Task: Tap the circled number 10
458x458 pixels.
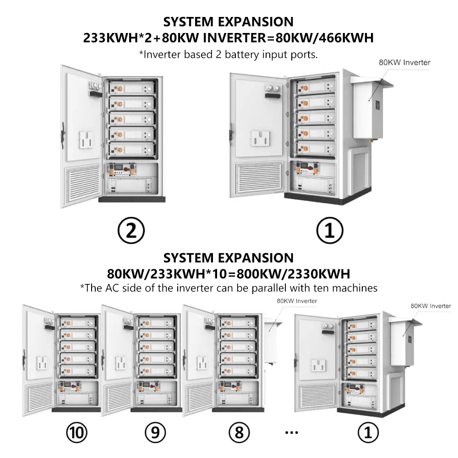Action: tap(76, 432)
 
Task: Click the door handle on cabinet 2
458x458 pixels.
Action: tap(63, 133)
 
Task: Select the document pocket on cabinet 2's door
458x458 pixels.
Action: tap(85, 140)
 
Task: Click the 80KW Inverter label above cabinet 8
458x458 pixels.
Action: tap(296, 301)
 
